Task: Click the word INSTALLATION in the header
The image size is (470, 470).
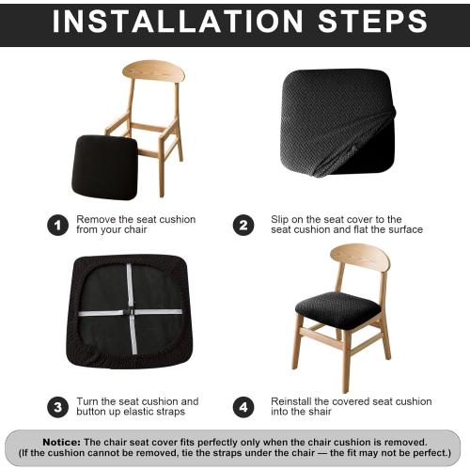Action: [x=178, y=22]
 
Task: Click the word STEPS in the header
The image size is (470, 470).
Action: [x=372, y=22]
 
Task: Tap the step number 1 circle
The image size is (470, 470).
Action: [x=57, y=225]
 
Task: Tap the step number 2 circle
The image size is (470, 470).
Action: [x=243, y=225]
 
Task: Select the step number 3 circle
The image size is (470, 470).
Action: [x=57, y=407]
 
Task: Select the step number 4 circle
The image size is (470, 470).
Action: [x=243, y=407]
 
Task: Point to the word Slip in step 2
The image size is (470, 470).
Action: [x=280, y=220]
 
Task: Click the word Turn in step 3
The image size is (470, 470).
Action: [x=87, y=401]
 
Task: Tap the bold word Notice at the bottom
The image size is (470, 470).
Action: [x=62, y=443]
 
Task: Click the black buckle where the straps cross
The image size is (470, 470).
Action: [x=130, y=312]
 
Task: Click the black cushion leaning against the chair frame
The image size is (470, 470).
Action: [x=105, y=167]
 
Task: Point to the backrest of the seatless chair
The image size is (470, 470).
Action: [x=153, y=71]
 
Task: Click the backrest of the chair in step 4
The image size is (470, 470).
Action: [x=360, y=258]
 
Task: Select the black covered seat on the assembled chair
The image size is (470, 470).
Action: [x=337, y=309]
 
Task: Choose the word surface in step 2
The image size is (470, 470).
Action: [x=406, y=229]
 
